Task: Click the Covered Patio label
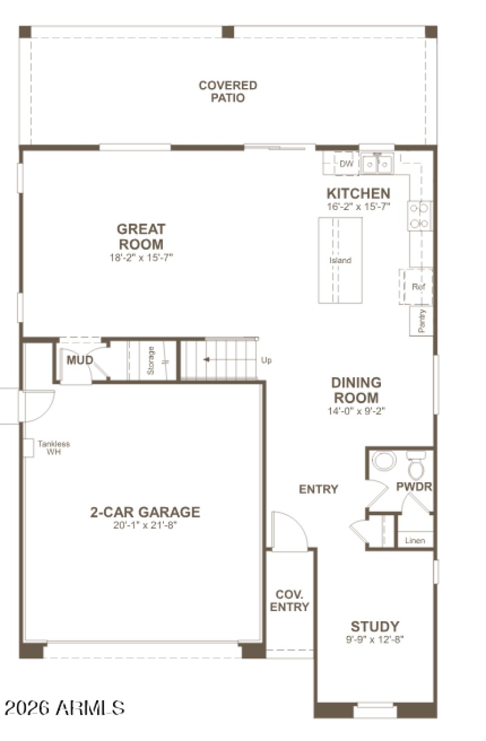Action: pos(228,91)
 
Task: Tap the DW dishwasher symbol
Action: pos(346,163)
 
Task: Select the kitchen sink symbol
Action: pos(377,163)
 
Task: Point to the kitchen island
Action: pos(340,260)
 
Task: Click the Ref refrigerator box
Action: pos(417,286)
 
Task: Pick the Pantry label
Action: pos(422,321)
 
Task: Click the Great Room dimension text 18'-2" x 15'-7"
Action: pos(141,258)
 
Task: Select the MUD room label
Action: pos(80,361)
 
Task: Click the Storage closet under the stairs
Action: pos(151,360)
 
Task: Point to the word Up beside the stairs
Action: pos(266,360)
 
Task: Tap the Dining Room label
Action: pos(356,390)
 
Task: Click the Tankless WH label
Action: pos(53,448)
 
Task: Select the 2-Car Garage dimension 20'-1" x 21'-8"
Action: pos(145,525)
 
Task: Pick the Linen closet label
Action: pos(416,540)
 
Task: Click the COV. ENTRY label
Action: pos(289,600)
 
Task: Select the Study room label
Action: pos(375,626)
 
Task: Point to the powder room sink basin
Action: pos(384,460)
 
